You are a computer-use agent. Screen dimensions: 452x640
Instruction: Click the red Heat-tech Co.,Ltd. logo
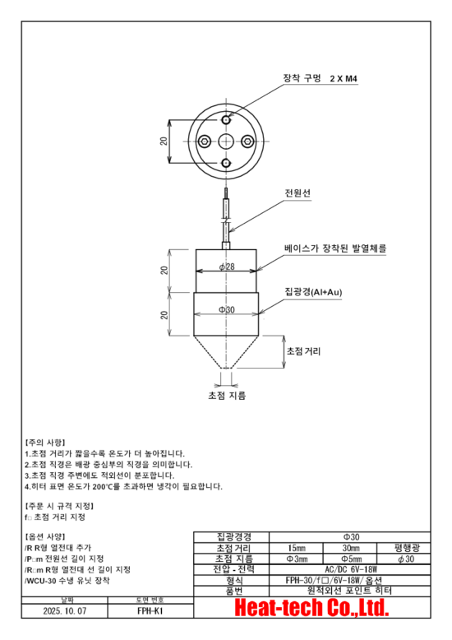click(x=311, y=608)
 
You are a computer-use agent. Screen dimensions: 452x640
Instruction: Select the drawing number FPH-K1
click(x=150, y=611)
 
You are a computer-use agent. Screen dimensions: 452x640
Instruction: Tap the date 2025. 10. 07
click(x=64, y=611)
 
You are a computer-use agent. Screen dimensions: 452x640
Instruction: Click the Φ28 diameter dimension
click(x=226, y=267)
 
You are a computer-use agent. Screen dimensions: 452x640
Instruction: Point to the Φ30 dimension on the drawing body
click(x=226, y=310)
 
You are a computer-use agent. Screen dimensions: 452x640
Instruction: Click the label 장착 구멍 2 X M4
click(x=321, y=78)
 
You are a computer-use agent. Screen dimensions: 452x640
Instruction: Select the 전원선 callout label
click(x=297, y=192)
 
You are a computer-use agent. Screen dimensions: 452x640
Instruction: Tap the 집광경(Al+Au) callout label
click(x=313, y=292)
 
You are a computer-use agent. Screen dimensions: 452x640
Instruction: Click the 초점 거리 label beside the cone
click(x=303, y=351)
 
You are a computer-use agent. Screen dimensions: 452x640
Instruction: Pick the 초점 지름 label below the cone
click(x=227, y=395)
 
